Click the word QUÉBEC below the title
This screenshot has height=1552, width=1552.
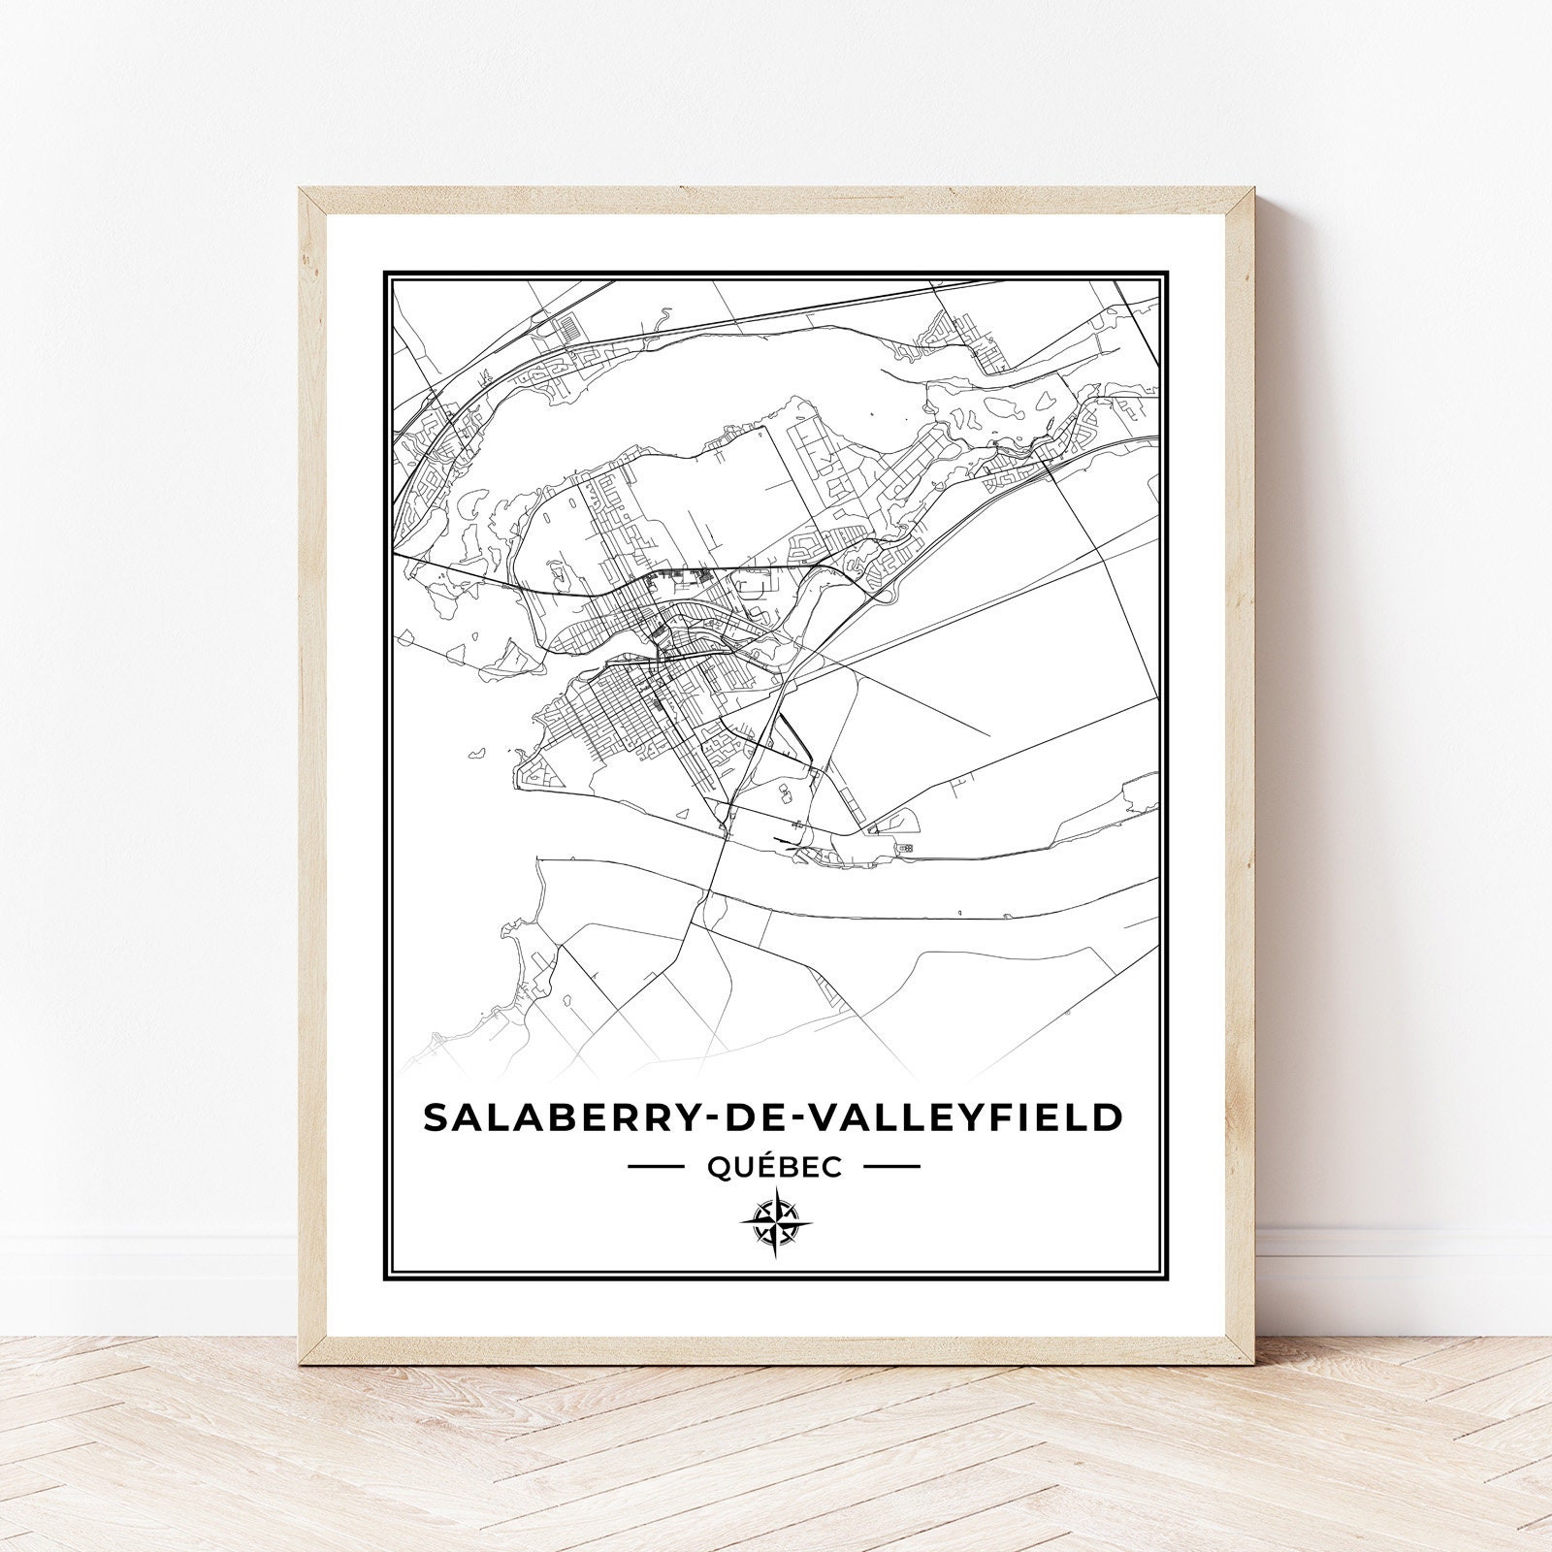[774, 1167]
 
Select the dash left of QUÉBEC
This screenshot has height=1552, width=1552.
[657, 1167]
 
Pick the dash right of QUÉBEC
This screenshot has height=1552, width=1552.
[890, 1167]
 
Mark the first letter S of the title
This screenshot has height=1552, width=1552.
[436, 1116]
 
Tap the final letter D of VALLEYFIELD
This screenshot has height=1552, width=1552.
[1107, 1116]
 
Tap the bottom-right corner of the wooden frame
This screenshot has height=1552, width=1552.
[1250, 1336]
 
